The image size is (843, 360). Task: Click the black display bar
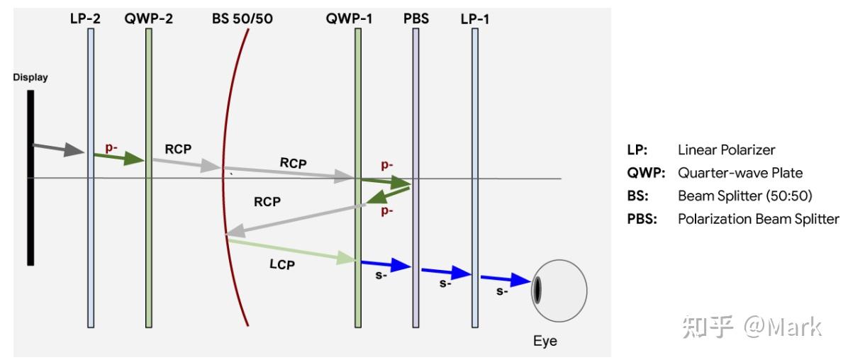click(30, 177)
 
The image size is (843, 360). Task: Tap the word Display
click(30, 77)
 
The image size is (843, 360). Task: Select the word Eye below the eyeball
click(545, 342)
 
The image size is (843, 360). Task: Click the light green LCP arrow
click(291, 250)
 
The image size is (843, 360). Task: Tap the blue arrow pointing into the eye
click(506, 280)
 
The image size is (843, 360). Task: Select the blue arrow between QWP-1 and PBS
click(386, 264)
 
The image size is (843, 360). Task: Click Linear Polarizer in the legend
click(726, 150)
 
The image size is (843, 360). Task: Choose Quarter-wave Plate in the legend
click(740, 173)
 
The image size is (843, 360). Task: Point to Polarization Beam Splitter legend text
click(758, 219)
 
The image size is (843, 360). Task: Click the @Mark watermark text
click(782, 327)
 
